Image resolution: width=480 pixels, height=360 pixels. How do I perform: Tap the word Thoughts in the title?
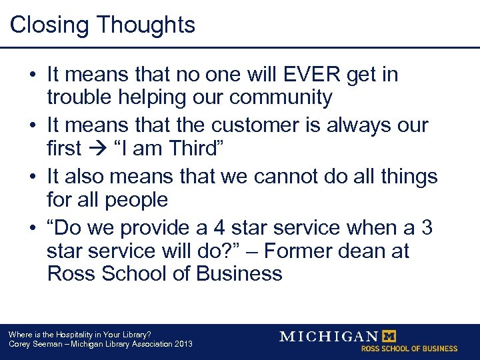145,25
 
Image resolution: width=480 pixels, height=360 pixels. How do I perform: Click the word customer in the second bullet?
278,125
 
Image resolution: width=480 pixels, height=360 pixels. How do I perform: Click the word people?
135,199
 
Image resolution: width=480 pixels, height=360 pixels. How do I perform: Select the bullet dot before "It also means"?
32,177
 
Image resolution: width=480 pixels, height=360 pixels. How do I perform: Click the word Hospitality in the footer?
71,334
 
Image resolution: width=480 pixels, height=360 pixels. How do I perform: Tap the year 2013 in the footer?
182,344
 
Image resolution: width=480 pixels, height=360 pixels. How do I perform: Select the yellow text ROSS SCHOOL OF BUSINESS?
409,349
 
